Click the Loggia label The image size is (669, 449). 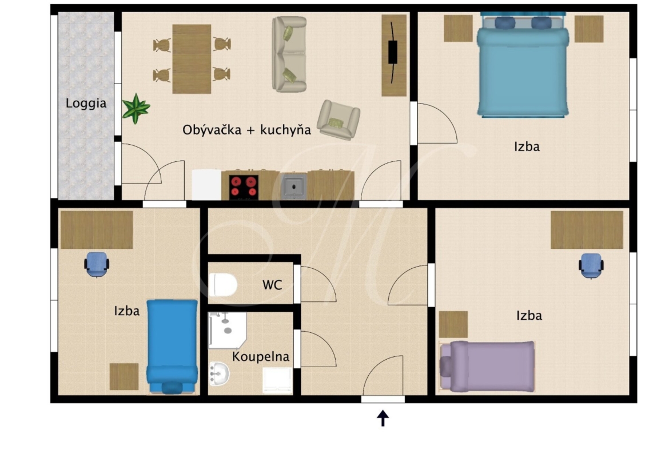point(86,104)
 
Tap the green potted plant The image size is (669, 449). point(136,109)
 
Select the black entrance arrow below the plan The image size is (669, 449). point(383,418)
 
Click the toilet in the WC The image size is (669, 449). point(223,284)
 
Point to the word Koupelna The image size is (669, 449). point(260,356)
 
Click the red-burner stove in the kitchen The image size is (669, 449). point(244,187)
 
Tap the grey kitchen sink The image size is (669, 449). point(293,186)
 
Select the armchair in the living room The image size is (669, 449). point(339,120)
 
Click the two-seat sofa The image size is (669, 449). point(289,54)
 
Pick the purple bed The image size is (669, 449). point(487,366)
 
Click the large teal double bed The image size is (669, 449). point(523,65)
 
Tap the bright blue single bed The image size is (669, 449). point(172,346)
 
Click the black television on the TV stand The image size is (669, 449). point(392,52)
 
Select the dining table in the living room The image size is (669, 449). point(192,59)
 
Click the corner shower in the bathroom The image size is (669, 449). point(227,330)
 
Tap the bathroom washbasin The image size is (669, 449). point(219,373)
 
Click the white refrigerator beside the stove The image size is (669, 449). point(206,185)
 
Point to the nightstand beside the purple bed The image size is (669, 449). point(453,324)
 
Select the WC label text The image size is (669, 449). point(272,285)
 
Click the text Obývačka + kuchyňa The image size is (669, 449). point(246,130)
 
